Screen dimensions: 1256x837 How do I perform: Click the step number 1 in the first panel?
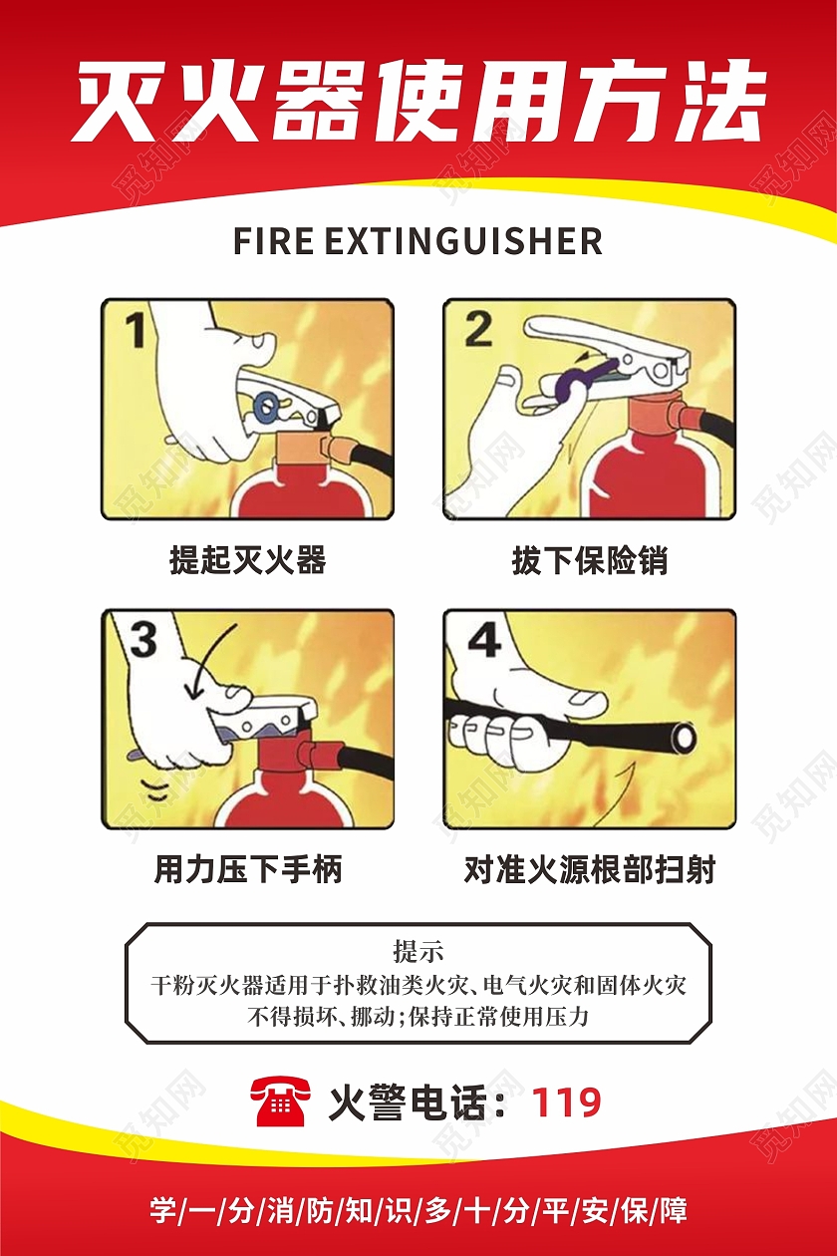tap(136, 331)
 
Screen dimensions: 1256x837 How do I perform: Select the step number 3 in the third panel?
tap(143, 640)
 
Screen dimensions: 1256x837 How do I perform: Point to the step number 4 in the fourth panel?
tap(484, 641)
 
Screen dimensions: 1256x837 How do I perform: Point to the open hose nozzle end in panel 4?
tap(685, 739)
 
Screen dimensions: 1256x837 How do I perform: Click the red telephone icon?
tap(283, 1101)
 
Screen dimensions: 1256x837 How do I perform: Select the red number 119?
tap(566, 1102)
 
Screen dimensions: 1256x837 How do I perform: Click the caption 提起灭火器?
tap(248, 560)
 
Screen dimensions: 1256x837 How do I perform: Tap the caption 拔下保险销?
tap(590, 560)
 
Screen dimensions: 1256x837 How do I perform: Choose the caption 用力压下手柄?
tap(248, 869)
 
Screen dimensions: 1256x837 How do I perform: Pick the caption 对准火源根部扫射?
tap(590, 869)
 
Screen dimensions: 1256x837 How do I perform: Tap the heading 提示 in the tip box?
tap(418, 950)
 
